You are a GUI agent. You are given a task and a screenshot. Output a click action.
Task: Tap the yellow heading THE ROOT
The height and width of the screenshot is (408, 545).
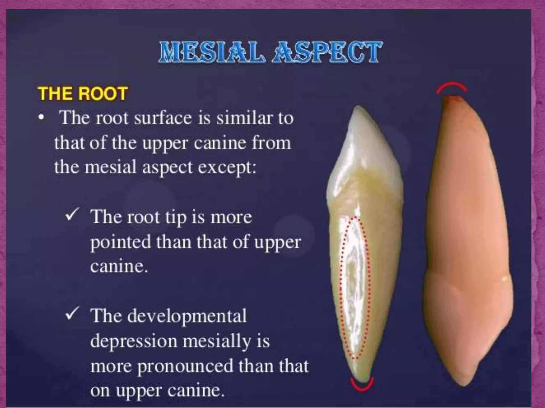pos(83,93)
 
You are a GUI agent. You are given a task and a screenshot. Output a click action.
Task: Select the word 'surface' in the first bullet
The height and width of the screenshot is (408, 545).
pos(163,118)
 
